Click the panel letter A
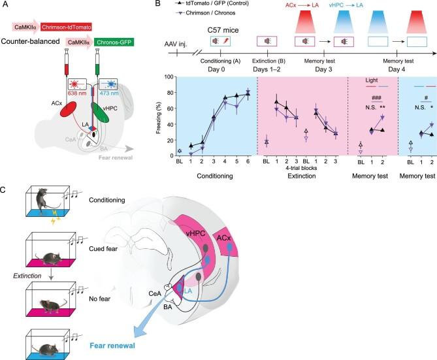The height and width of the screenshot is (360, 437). [x=5, y=5]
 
